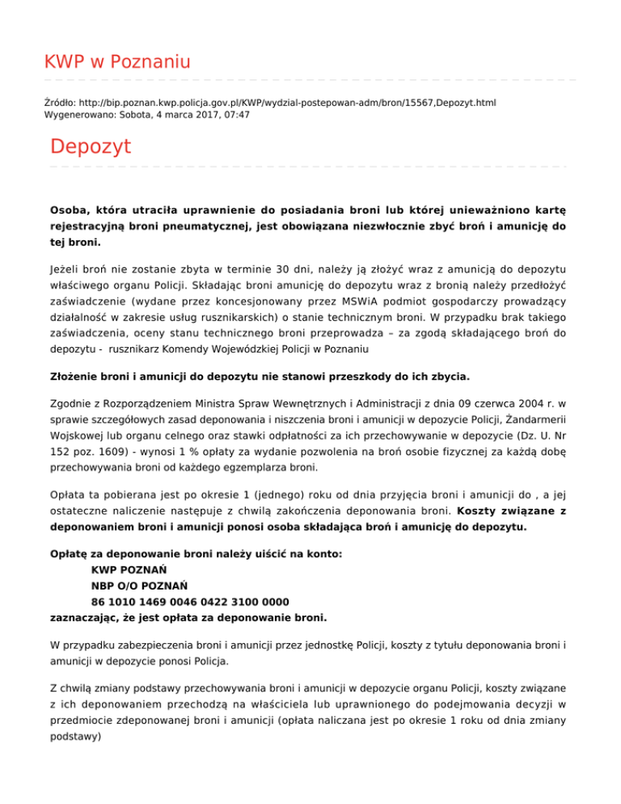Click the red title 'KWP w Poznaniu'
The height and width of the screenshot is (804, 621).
[x=117, y=62]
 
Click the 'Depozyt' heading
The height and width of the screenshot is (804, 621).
[x=90, y=147]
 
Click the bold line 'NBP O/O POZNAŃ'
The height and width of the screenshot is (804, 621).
[x=140, y=586]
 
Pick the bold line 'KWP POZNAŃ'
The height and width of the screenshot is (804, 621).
[x=126, y=569]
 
